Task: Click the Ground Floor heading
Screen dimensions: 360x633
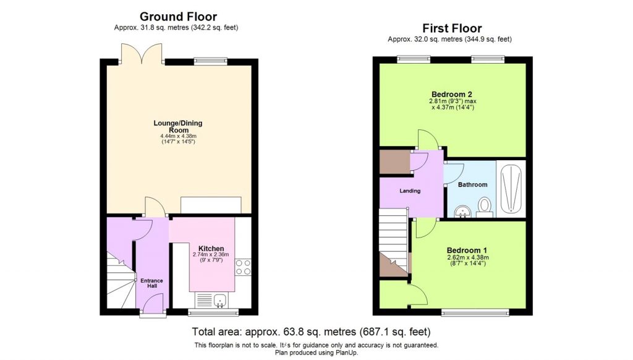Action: click(x=178, y=17)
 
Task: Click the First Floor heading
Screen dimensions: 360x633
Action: click(x=452, y=28)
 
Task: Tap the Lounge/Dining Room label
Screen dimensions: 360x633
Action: click(x=178, y=127)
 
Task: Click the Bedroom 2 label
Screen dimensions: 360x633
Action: click(x=452, y=94)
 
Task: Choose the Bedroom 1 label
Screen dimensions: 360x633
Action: click(x=467, y=251)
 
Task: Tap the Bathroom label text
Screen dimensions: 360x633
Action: click(x=472, y=185)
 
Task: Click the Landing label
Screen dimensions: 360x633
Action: click(x=409, y=191)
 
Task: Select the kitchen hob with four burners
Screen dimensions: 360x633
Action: click(x=242, y=267)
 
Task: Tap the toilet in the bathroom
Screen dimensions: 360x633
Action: click(x=485, y=206)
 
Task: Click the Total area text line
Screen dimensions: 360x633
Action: click(x=311, y=332)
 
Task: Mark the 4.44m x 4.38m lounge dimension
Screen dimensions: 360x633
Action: click(x=178, y=137)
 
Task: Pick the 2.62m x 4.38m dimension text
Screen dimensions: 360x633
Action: click(x=467, y=258)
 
